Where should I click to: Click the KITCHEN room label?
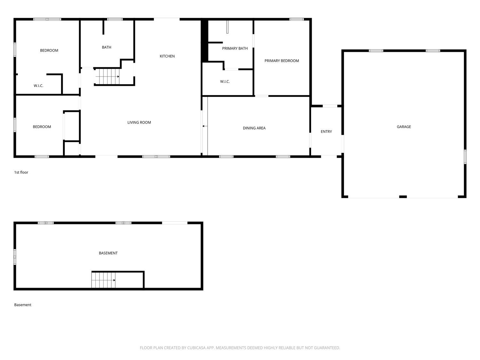click(x=167, y=56)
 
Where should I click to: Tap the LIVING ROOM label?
click(x=139, y=123)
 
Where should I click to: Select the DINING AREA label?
click(x=254, y=128)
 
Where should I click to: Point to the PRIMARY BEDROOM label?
click(x=282, y=61)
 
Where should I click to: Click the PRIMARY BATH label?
click(x=235, y=48)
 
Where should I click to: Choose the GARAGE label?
click(x=404, y=127)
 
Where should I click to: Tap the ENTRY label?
click(x=326, y=132)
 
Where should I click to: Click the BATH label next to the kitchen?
click(x=107, y=47)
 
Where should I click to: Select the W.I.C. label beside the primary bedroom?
click(x=225, y=82)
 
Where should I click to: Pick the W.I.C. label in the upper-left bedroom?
click(x=38, y=86)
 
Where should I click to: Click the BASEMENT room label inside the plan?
click(x=108, y=253)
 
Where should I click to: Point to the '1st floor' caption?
click(x=21, y=172)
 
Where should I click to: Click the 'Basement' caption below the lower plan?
click(x=23, y=305)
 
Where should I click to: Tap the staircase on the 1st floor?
click(x=108, y=76)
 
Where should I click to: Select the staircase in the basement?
click(x=103, y=280)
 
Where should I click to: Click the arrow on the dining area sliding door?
click(x=205, y=126)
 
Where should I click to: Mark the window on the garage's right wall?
click(x=465, y=157)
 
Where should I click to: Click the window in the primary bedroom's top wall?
click(x=297, y=19)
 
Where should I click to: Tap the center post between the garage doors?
click(x=403, y=197)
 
